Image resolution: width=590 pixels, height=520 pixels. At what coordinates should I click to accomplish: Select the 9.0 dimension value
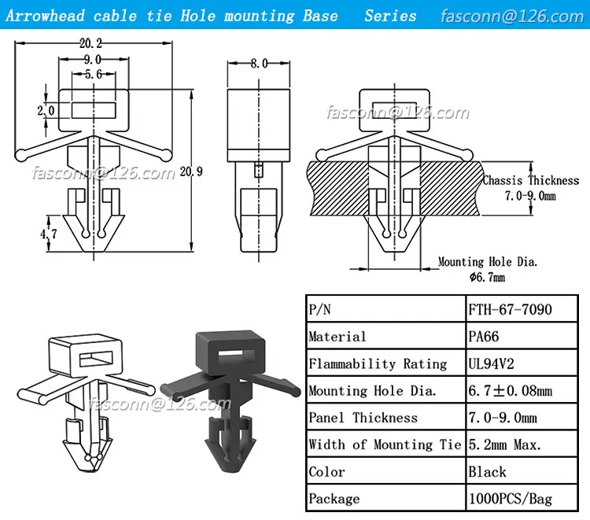(93, 60)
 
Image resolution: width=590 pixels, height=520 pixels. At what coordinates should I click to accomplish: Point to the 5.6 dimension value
(93, 74)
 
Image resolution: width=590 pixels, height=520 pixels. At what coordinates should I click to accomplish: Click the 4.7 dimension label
(49, 234)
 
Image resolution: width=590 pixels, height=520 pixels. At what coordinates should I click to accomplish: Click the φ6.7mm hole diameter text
(487, 277)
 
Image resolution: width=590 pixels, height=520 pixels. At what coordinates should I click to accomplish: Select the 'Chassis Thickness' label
(530, 181)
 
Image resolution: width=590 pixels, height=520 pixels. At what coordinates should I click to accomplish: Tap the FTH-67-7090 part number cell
(510, 309)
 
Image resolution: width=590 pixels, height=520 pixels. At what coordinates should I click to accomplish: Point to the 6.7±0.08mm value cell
(510, 391)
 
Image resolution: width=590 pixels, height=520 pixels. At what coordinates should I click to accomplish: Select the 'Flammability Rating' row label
(378, 363)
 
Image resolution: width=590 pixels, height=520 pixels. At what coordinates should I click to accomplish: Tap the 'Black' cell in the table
(488, 472)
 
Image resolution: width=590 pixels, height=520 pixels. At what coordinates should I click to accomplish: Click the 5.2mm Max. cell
(504, 445)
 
